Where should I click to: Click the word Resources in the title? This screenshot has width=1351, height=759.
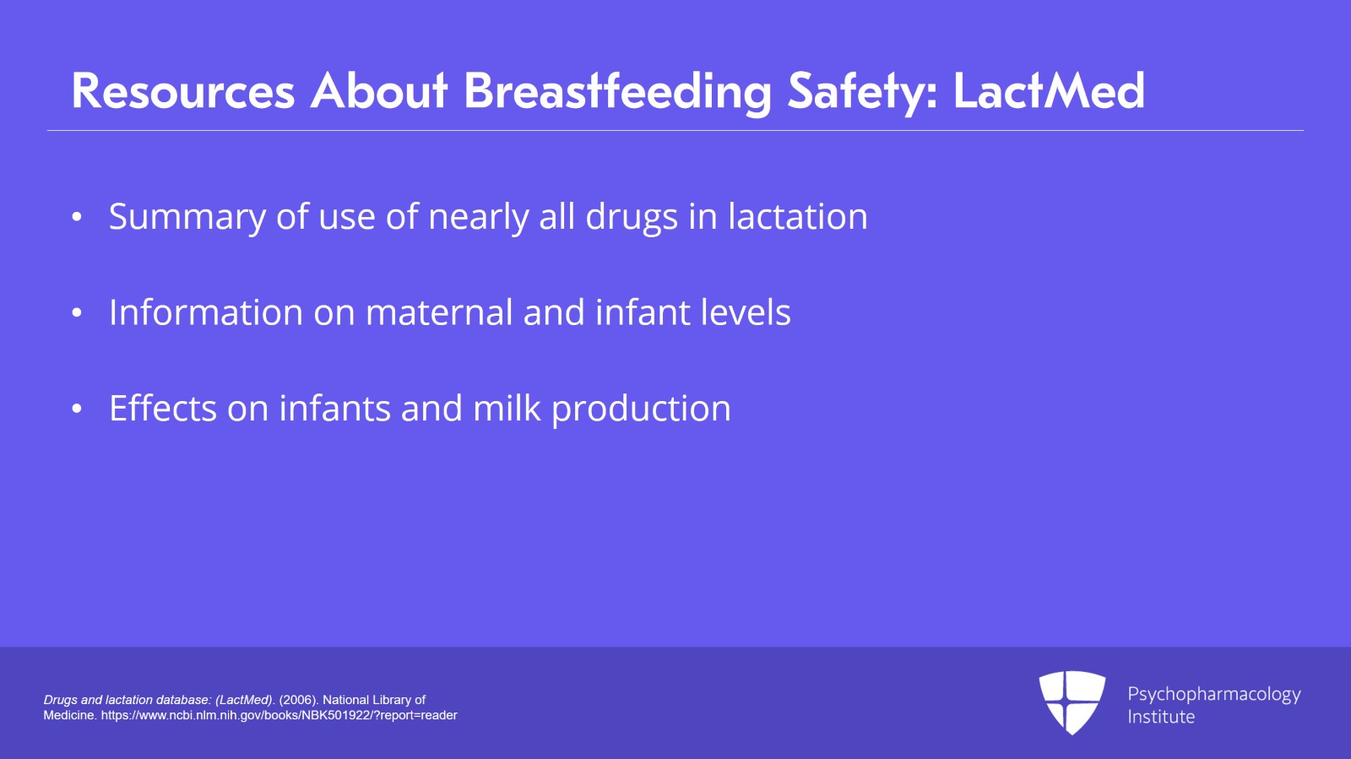[183, 91]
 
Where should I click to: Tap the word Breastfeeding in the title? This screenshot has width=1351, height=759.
[617, 91]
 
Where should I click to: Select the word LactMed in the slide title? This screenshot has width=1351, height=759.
[1049, 91]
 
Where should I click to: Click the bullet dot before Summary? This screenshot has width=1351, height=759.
[77, 217]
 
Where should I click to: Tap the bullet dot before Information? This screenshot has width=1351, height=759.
[77, 313]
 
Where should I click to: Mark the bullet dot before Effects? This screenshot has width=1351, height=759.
[77, 409]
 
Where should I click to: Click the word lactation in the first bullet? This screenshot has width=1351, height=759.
[797, 217]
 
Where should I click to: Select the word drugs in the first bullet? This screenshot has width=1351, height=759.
[632, 217]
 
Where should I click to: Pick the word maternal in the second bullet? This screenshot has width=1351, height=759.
[439, 312]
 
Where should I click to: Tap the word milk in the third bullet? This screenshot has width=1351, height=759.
[507, 409]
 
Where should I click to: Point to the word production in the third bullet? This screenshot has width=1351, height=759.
[641, 409]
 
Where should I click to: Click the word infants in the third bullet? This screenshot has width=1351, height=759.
[334, 409]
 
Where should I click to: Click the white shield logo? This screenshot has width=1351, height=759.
[1072, 702]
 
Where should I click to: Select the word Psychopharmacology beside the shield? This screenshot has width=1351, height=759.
[1213, 694]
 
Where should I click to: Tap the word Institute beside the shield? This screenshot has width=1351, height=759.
[1161, 717]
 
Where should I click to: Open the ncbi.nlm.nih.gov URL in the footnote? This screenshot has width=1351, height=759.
[279, 715]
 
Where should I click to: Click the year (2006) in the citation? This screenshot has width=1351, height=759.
[297, 700]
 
